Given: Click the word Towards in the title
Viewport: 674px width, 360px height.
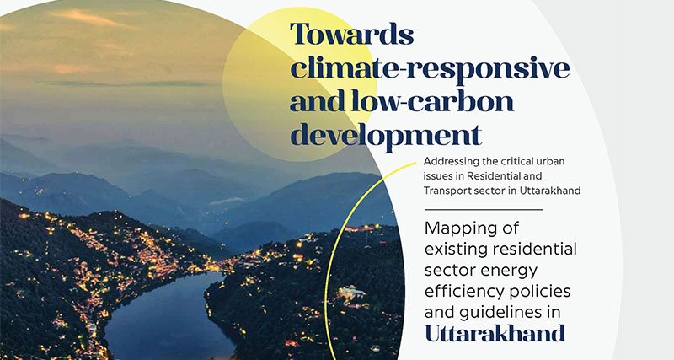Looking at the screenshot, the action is coord(352,34).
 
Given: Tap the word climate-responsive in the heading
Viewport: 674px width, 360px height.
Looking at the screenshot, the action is coord(430,68).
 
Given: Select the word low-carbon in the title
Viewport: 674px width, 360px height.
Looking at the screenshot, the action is coord(432,101).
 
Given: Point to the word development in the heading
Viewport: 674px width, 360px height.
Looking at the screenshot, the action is coord(386,136).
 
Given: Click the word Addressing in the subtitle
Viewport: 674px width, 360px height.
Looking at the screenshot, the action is coord(446,162).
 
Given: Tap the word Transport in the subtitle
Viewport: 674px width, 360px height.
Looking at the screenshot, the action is coord(443,191).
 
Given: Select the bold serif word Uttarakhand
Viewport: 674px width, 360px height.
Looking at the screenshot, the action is coord(495,333).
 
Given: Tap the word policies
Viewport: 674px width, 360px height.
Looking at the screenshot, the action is coord(541,291).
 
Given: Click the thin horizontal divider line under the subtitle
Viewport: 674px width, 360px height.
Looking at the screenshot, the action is coord(484,210).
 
